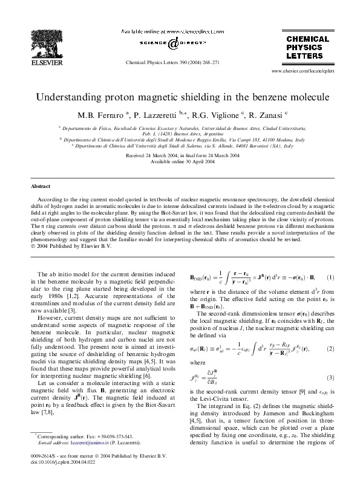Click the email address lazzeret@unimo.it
click(x=93, y=443)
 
